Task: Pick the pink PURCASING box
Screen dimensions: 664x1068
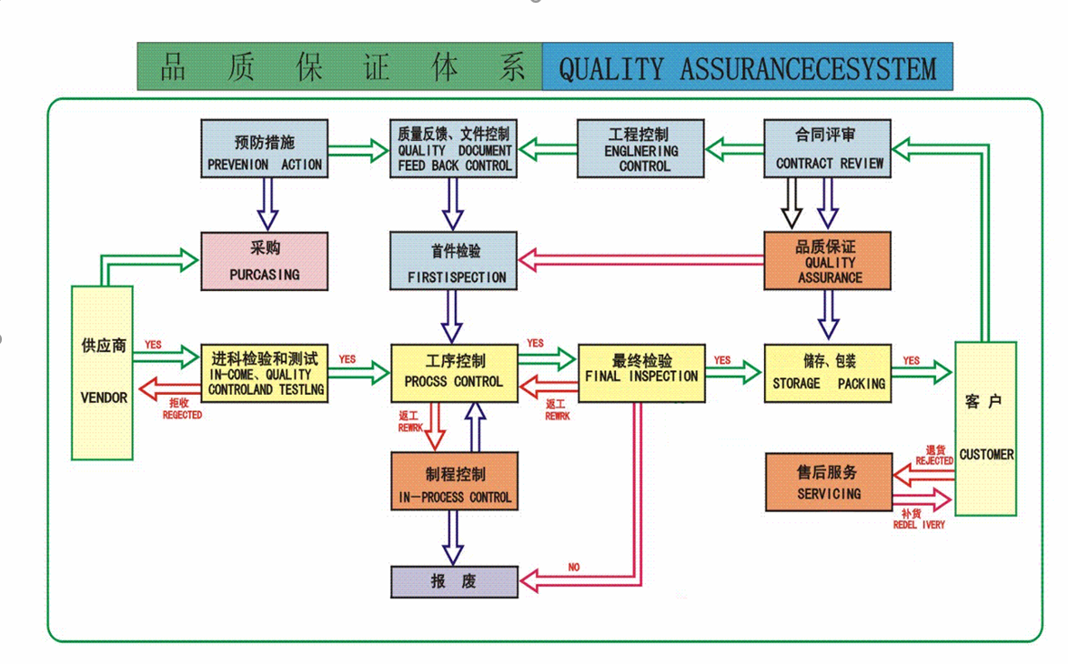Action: (264, 261)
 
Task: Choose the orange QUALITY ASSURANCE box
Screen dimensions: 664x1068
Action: (827, 261)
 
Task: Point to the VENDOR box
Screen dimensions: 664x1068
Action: (103, 372)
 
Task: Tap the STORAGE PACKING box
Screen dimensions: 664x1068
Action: (827, 372)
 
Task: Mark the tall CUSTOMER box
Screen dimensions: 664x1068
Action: (986, 428)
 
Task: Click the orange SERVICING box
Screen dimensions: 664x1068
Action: (827, 482)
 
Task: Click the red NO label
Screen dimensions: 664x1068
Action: (573, 568)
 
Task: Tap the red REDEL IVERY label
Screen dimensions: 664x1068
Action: (919, 525)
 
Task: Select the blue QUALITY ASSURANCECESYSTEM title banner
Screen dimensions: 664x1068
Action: (747, 68)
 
